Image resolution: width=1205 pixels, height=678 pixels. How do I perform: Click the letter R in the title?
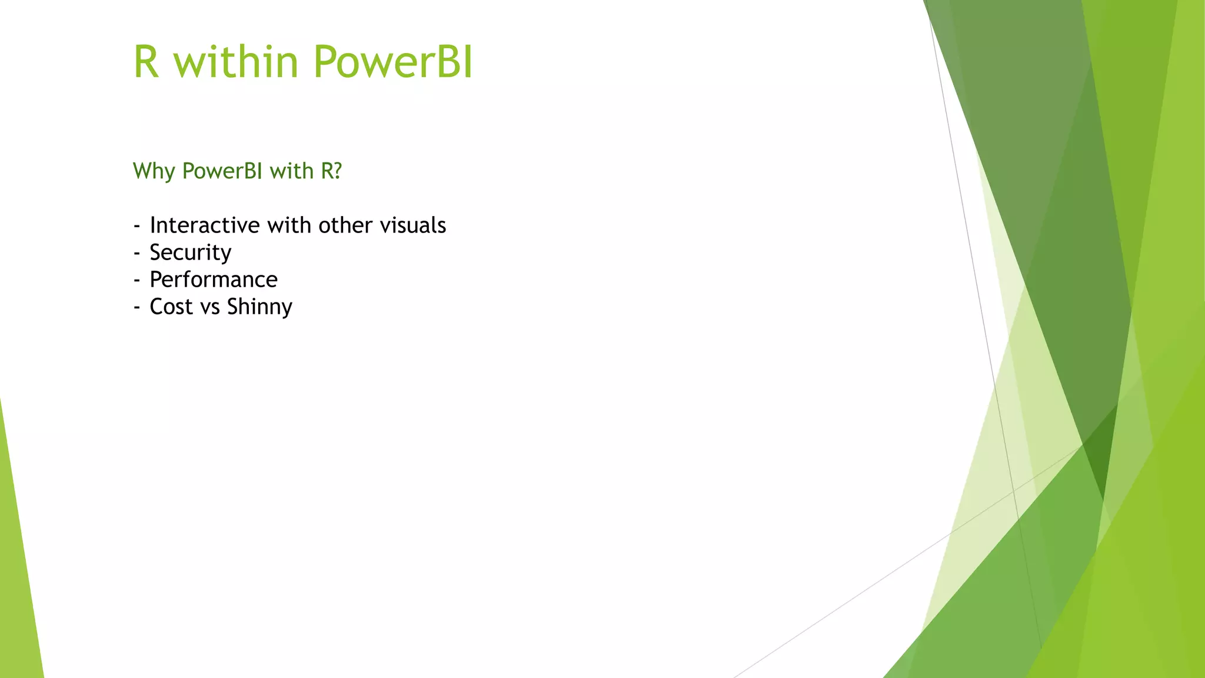tap(147, 62)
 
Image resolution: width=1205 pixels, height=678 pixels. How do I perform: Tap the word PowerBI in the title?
tap(393, 62)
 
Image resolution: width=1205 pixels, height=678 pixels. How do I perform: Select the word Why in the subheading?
tap(154, 171)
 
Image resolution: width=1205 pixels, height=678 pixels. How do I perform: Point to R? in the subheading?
tap(331, 171)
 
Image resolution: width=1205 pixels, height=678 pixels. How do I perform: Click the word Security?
tap(191, 252)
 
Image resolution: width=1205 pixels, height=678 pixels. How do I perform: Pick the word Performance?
tap(214, 280)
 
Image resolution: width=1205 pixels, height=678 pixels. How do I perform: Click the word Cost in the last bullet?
tap(171, 307)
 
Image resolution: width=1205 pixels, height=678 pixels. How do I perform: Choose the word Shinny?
tap(259, 307)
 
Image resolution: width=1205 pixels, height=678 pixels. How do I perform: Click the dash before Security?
tap(137, 253)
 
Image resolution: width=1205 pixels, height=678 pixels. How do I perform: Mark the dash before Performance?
tap(137, 280)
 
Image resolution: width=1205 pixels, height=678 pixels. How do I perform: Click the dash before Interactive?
tap(137, 226)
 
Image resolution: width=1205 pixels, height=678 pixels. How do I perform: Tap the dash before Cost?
tap(137, 307)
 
